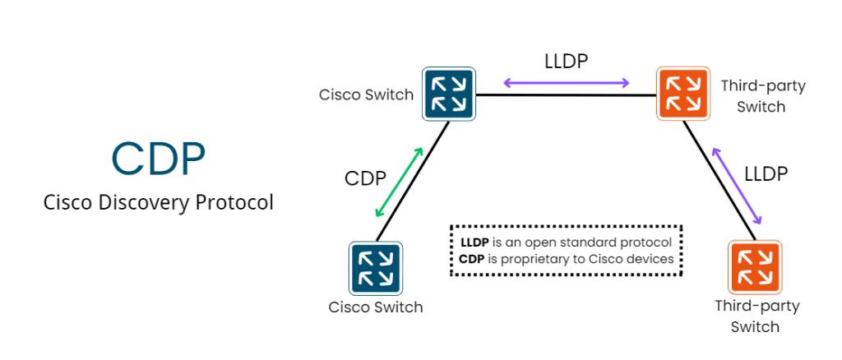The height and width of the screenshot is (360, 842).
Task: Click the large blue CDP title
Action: tap(159, 159)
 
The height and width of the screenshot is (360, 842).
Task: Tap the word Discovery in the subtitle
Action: tap(145, 204)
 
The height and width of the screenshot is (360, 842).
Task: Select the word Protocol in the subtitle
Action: tap(234, 203)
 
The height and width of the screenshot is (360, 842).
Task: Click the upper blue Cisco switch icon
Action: tap(449, 94)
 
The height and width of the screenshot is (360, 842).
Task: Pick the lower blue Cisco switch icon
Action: tap(376, 268)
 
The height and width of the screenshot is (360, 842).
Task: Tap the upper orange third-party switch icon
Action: tap(683, 94)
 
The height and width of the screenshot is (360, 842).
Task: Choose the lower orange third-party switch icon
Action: tap(755, 267)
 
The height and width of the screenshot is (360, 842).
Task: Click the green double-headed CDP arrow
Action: tap(399, 182)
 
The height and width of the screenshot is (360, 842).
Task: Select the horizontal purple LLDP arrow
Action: tap(566, 83)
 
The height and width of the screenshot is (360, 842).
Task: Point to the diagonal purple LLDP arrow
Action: tap(737, 187)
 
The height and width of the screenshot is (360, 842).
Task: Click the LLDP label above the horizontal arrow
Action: tap(566, 61)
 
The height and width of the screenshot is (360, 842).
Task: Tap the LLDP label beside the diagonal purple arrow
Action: tap(766, 173)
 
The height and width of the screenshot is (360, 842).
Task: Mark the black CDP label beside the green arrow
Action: tap(365, 178)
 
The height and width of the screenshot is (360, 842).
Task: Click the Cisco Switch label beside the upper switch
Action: tap(366, 95)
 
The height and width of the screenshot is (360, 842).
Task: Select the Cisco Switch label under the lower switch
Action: tap(376, 307)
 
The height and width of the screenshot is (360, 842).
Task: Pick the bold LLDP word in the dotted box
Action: tap(474, 242)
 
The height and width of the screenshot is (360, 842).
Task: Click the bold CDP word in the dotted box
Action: tap(472, 259)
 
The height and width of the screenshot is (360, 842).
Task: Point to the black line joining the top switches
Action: tap(567, 95)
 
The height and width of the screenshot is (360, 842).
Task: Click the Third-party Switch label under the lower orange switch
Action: tap(757, 316)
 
